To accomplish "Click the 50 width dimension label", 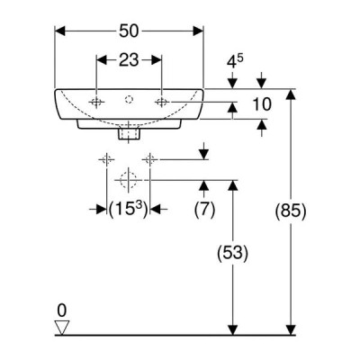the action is pos(130,31).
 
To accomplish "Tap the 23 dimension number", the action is pos(130,60).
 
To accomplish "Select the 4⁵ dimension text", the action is pos(235,61).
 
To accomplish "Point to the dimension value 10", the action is pos(262,104).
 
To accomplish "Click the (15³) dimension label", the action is pos(129,209).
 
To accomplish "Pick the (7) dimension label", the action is pos(204,209).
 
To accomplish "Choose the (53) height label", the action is pos(233,254).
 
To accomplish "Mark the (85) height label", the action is pos(291,211).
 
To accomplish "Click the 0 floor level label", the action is pos(61,310).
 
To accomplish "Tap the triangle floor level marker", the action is pos(62,328).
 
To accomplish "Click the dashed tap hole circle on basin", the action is pos(129,99).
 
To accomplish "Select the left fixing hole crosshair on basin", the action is pos(96,103).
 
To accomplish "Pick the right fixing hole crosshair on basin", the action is pos(162,103).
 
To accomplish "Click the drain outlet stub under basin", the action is pos(129,133).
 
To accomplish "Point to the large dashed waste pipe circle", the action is pos(129,180).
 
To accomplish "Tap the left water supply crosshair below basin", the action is pos(106,159).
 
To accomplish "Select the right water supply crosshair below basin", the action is pos(150,159).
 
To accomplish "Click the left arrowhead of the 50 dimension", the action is pos(60,31).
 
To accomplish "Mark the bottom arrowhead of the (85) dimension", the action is pos(291,330).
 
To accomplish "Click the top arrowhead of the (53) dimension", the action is pos(233,185).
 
